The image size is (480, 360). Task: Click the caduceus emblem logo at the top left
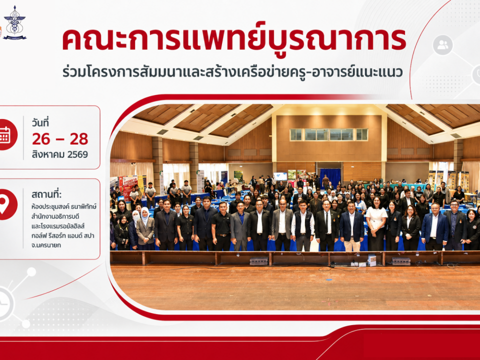pyautogui.click(x=14, y=23)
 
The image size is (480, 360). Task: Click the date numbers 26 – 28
pyautogui.click(x=60, y=139)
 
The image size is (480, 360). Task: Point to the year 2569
pyautogui.click(x=78, y=154)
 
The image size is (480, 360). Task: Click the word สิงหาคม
pyautogui.click(x=48, y=154)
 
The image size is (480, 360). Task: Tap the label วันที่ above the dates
pyautogui.click(x=40, y=123)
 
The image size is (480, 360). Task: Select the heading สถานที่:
pyautogui.click(x=46, y=195)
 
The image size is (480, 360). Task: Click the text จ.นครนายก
pyautogui.click(x=46, y=245)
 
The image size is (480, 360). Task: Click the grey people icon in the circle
pyautogui.click(x=442, y=45)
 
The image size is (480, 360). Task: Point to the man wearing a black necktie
pyautogui.click(x=327, y=225)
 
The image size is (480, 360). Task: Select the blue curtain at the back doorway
pyautogui.click(x=330, y=177)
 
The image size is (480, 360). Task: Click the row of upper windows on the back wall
pyautogui.click(x=329, y=134)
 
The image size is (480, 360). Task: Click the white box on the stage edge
pyautogui.click(x=372, y=260)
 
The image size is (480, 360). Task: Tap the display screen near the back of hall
pyautogui.click(x=280, y=176)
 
